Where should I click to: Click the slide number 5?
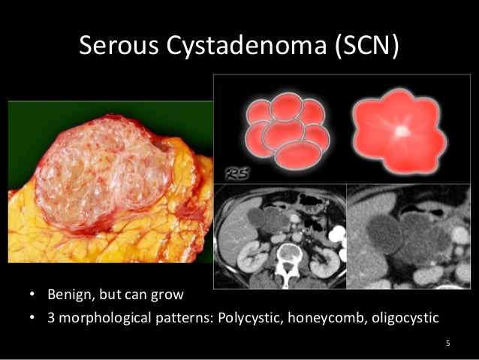tap(448, 345)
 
